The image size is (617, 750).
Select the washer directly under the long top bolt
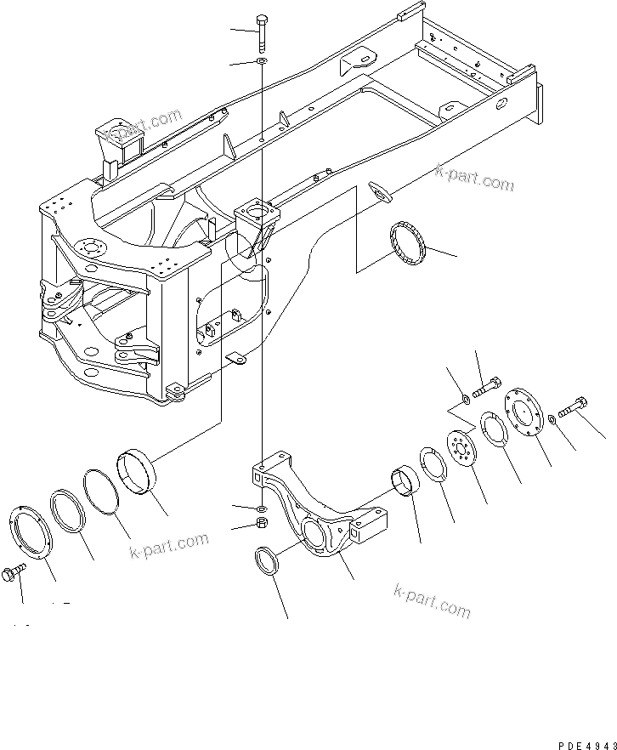tap(262, 62)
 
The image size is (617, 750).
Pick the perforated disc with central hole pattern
tap(463, 448)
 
